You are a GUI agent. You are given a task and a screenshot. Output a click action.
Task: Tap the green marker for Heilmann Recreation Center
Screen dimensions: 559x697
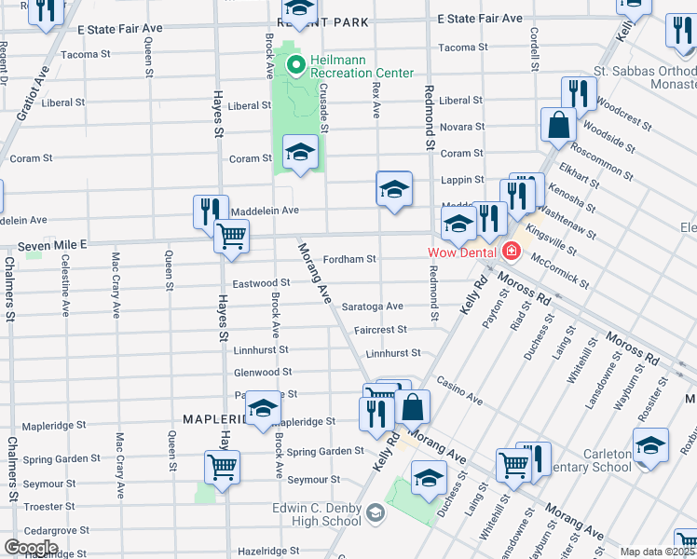296,65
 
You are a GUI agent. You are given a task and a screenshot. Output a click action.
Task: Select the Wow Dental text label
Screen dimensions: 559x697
460,252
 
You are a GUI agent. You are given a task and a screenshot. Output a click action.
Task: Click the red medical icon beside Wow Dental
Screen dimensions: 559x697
509,251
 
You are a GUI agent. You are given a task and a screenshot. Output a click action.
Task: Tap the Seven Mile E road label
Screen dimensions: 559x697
52,244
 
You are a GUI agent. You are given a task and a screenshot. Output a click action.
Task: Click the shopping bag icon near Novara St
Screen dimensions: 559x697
558,125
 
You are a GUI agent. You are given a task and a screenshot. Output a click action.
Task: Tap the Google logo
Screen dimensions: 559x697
31,548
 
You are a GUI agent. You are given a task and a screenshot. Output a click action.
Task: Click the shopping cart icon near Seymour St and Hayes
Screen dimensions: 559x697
222,467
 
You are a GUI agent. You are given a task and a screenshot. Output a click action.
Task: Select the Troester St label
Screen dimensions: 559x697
47,506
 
